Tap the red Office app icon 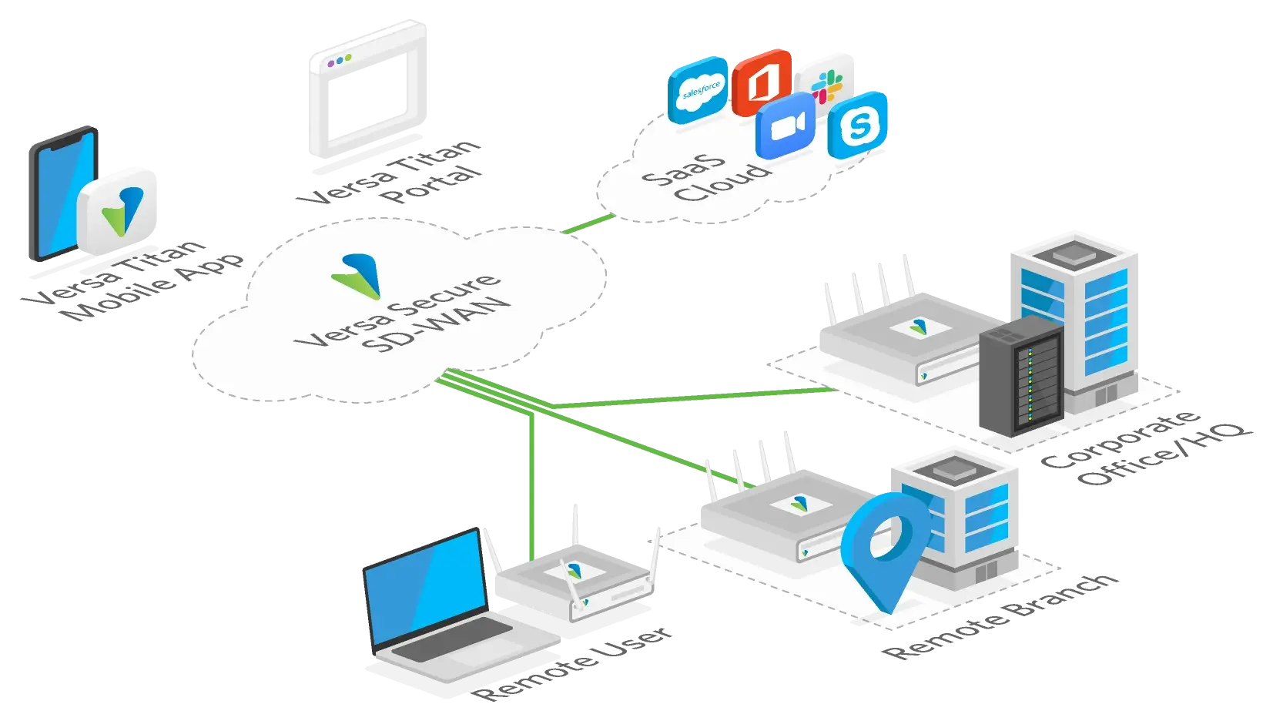coord(762,82)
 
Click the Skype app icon coord(858,125)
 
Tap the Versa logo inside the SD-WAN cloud coord(356,276)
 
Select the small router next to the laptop coord(574,582)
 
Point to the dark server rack coord(1021,379)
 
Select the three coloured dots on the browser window coord(339,60)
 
